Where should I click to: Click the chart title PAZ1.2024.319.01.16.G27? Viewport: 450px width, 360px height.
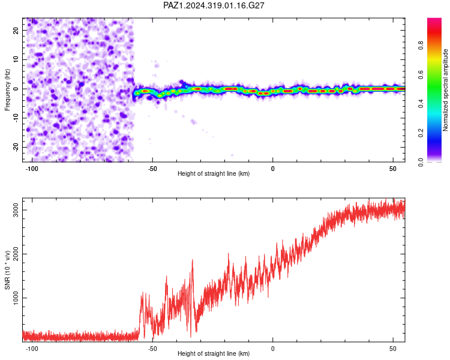[214, 5]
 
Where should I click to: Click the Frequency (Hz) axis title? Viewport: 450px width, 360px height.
[7, 90]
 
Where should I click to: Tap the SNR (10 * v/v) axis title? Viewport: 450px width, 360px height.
[7, 270]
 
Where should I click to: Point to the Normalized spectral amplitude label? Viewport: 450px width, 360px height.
[445, 90]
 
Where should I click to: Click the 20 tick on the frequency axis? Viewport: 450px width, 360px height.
[16, 30]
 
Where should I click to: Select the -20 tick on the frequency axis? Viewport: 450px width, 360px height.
[16, 147]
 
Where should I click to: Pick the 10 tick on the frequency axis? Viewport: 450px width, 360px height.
[16, 59]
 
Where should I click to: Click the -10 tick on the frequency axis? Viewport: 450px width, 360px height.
[16, 118]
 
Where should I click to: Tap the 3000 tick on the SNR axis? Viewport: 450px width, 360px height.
[16, 210]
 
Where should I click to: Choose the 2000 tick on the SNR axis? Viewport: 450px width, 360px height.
[16, 254]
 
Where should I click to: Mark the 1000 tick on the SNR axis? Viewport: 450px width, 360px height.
[16, 298]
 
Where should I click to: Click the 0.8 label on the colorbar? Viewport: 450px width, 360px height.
[421, 46]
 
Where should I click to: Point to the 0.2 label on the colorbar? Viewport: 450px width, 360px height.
[421, 133]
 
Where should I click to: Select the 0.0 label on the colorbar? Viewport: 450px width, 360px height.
[421, 162]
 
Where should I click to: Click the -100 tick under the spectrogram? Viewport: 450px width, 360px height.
[32, 169]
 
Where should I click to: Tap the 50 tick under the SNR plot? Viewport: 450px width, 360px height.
[393, 349]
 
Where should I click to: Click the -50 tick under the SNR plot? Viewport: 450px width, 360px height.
[152, 349]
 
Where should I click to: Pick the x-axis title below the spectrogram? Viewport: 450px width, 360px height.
[214, 173]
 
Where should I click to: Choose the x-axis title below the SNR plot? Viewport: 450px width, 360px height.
[214, 353]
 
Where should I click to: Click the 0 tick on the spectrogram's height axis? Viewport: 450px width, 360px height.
[272, 169]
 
